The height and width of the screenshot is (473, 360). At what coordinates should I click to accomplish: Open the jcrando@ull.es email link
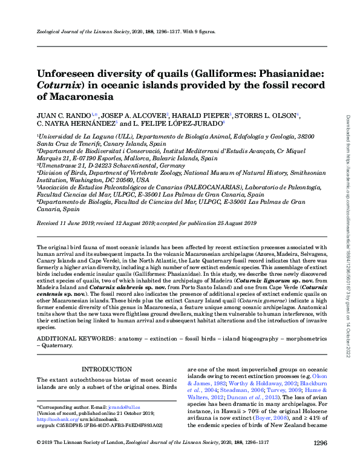(x=148, y=408)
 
